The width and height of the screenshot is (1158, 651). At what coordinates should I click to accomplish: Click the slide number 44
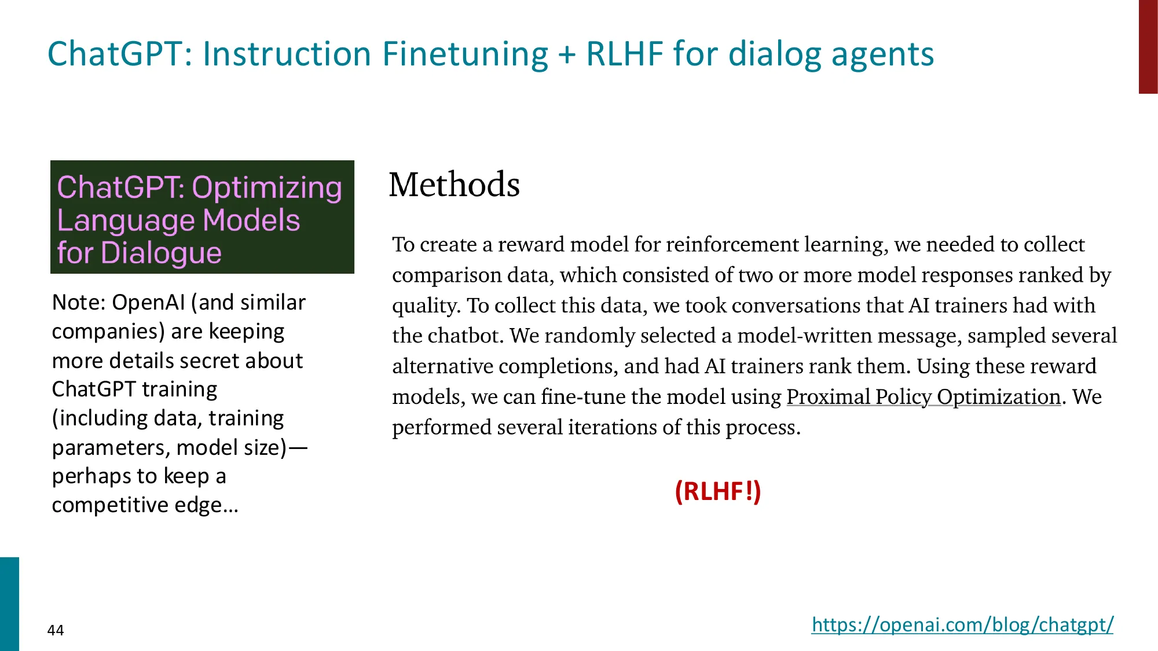tap(56, 630)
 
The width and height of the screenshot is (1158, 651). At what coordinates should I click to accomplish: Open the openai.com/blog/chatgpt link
tap(962, 625)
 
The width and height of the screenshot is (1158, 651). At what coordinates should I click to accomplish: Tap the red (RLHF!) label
tap(717, 491)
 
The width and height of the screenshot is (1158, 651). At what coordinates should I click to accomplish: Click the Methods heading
tap(454, 185)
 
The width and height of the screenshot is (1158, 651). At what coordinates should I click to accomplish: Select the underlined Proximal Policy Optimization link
tap(923, 397)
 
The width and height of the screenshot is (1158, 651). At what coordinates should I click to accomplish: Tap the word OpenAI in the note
tap(148, 303)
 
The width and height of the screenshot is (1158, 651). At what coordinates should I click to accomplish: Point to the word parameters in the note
tap(111, 448)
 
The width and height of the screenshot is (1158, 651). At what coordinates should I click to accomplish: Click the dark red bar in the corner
tap(1148, 46)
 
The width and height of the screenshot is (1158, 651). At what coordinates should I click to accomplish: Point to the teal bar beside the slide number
tap(9, 604)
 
